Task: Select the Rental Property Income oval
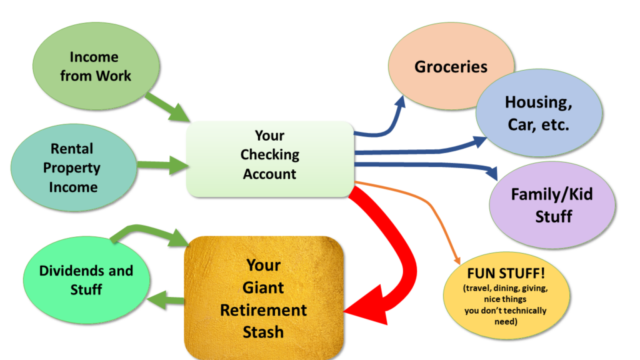pos(74,167)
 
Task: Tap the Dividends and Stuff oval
pos(86,279)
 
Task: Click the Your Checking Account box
pos(270,156)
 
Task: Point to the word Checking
pos(270,154)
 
